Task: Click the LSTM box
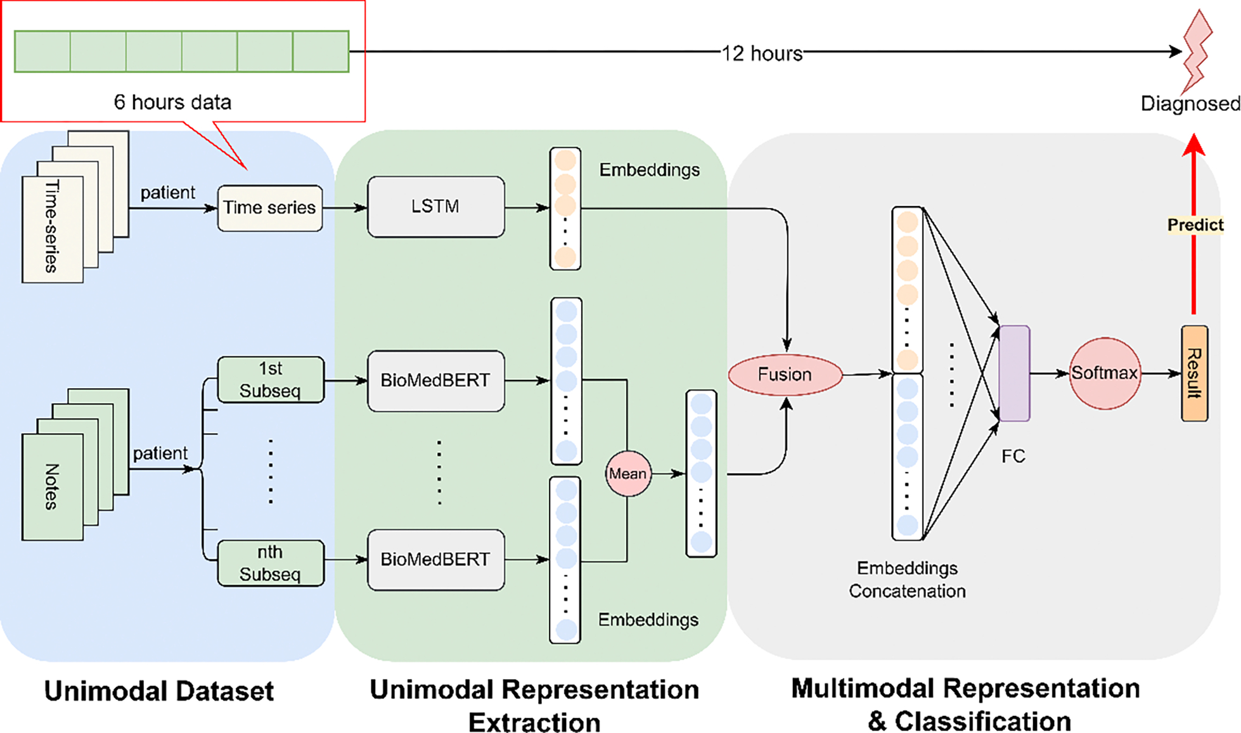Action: coord(435,207)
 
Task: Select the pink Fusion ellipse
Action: coord(785,375)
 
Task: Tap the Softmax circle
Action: coord(1104,373)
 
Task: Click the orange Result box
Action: coord(1194,373)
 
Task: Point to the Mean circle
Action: coord(627,474)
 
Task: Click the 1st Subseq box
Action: coord(271,380)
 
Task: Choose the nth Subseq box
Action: coord(271,563)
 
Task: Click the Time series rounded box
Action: coord(269,208)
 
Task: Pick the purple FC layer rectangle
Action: coord(1014,373)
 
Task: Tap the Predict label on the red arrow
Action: coord(1195,225)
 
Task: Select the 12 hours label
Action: coord(762,53)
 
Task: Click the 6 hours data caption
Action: coord(172,102)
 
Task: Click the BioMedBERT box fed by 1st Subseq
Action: coord(435,380)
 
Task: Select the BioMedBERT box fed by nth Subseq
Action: coord(435,559)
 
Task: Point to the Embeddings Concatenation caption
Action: coord(907,580)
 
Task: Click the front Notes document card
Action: coord(52,487)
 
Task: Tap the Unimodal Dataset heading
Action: coord(158,691)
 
